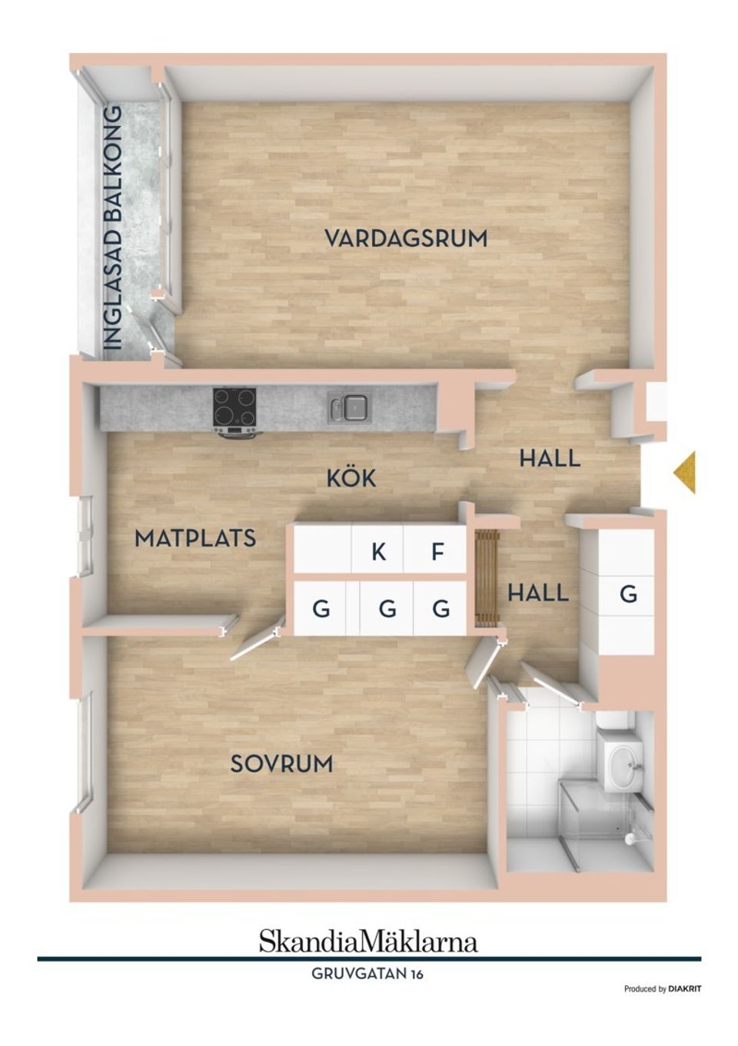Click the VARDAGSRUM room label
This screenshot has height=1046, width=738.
pos(406,238)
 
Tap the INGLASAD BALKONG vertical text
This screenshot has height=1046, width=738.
pos(113,228)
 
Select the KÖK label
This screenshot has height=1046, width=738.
pos(351,478)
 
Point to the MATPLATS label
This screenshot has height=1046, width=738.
pos(195,538)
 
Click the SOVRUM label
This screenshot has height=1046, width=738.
pos(281,764)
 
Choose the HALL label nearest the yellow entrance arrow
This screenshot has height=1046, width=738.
pos(549,459)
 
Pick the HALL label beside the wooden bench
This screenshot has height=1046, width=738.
pos(538,593)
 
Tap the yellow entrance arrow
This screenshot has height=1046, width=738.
pos(685,472)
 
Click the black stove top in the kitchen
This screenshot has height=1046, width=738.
pos(234,407)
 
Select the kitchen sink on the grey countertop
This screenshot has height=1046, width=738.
pos(351,407)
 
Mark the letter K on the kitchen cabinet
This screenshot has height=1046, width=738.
pos(378,551)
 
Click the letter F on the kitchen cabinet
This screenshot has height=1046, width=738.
pos(437,551)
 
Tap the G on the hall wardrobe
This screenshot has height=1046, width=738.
pos(628,593)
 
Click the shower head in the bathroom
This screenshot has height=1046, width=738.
pos(632,837)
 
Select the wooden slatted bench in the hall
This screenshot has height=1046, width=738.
pos(487,578)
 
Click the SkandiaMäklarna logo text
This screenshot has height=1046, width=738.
pos(368,941)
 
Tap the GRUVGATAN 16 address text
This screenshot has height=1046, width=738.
pos(367,974)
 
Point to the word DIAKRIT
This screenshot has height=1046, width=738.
pos(684,989)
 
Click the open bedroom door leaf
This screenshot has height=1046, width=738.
pos(253,645)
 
